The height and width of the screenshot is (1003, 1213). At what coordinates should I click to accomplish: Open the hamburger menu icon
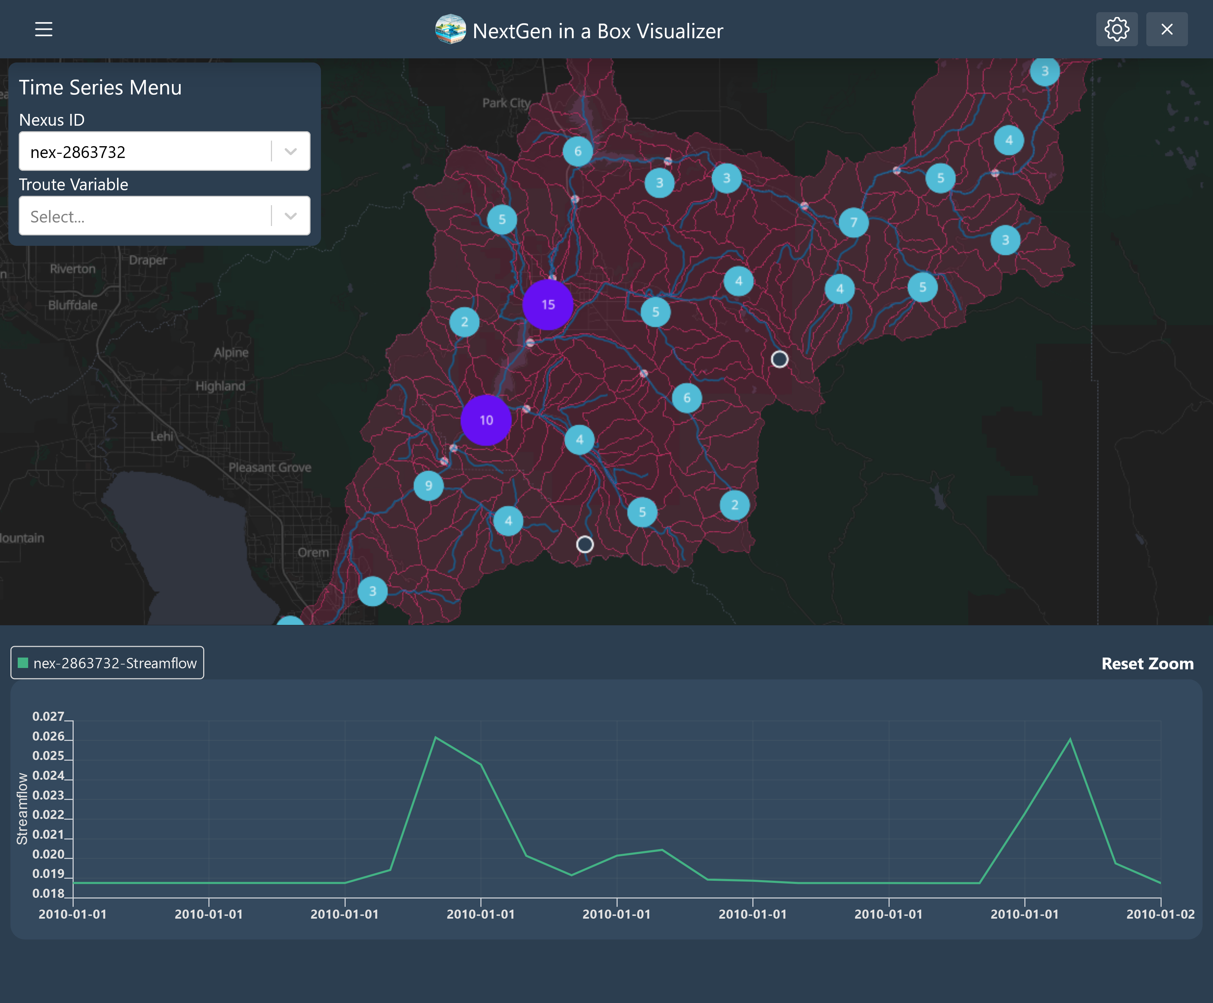pyautogui.click(x=43, y=30)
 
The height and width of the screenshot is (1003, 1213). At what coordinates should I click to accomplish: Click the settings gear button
pyautogui.click(x=1116, y=30)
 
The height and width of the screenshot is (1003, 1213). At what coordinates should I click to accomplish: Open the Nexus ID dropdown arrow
pyautogui.click(x=290, y=151)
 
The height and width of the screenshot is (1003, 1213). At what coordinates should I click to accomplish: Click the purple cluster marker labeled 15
pyautogui.click(x=547, y=304)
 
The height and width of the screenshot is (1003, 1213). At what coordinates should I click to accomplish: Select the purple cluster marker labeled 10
pyautogui.click(x=486, y=420)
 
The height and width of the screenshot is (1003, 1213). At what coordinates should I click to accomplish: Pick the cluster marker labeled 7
pyautogui.click(x=853, y=222)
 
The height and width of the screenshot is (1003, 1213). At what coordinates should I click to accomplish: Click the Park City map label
pyautogui.click(x=506, y=103)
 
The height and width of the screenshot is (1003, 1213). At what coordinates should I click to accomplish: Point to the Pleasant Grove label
pyautogui.click(x=270, y=467)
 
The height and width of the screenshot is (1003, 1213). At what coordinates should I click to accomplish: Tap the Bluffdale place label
pyautogui.click(x=73, y=305)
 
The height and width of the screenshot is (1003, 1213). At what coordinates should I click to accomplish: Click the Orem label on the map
pyautogui.click(x=313, y=552)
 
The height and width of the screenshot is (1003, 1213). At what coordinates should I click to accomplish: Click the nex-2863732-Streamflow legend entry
pyautogui.click(x=107, y=663)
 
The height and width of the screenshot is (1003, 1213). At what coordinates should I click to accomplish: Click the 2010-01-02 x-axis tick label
pyautogui.click(x=1160, y=914)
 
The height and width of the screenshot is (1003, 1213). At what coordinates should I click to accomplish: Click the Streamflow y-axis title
pyautogui.click(x=22, y=808)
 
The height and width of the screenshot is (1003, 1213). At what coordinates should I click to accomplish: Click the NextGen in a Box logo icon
pyautogui.click(x=450, y=30)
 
